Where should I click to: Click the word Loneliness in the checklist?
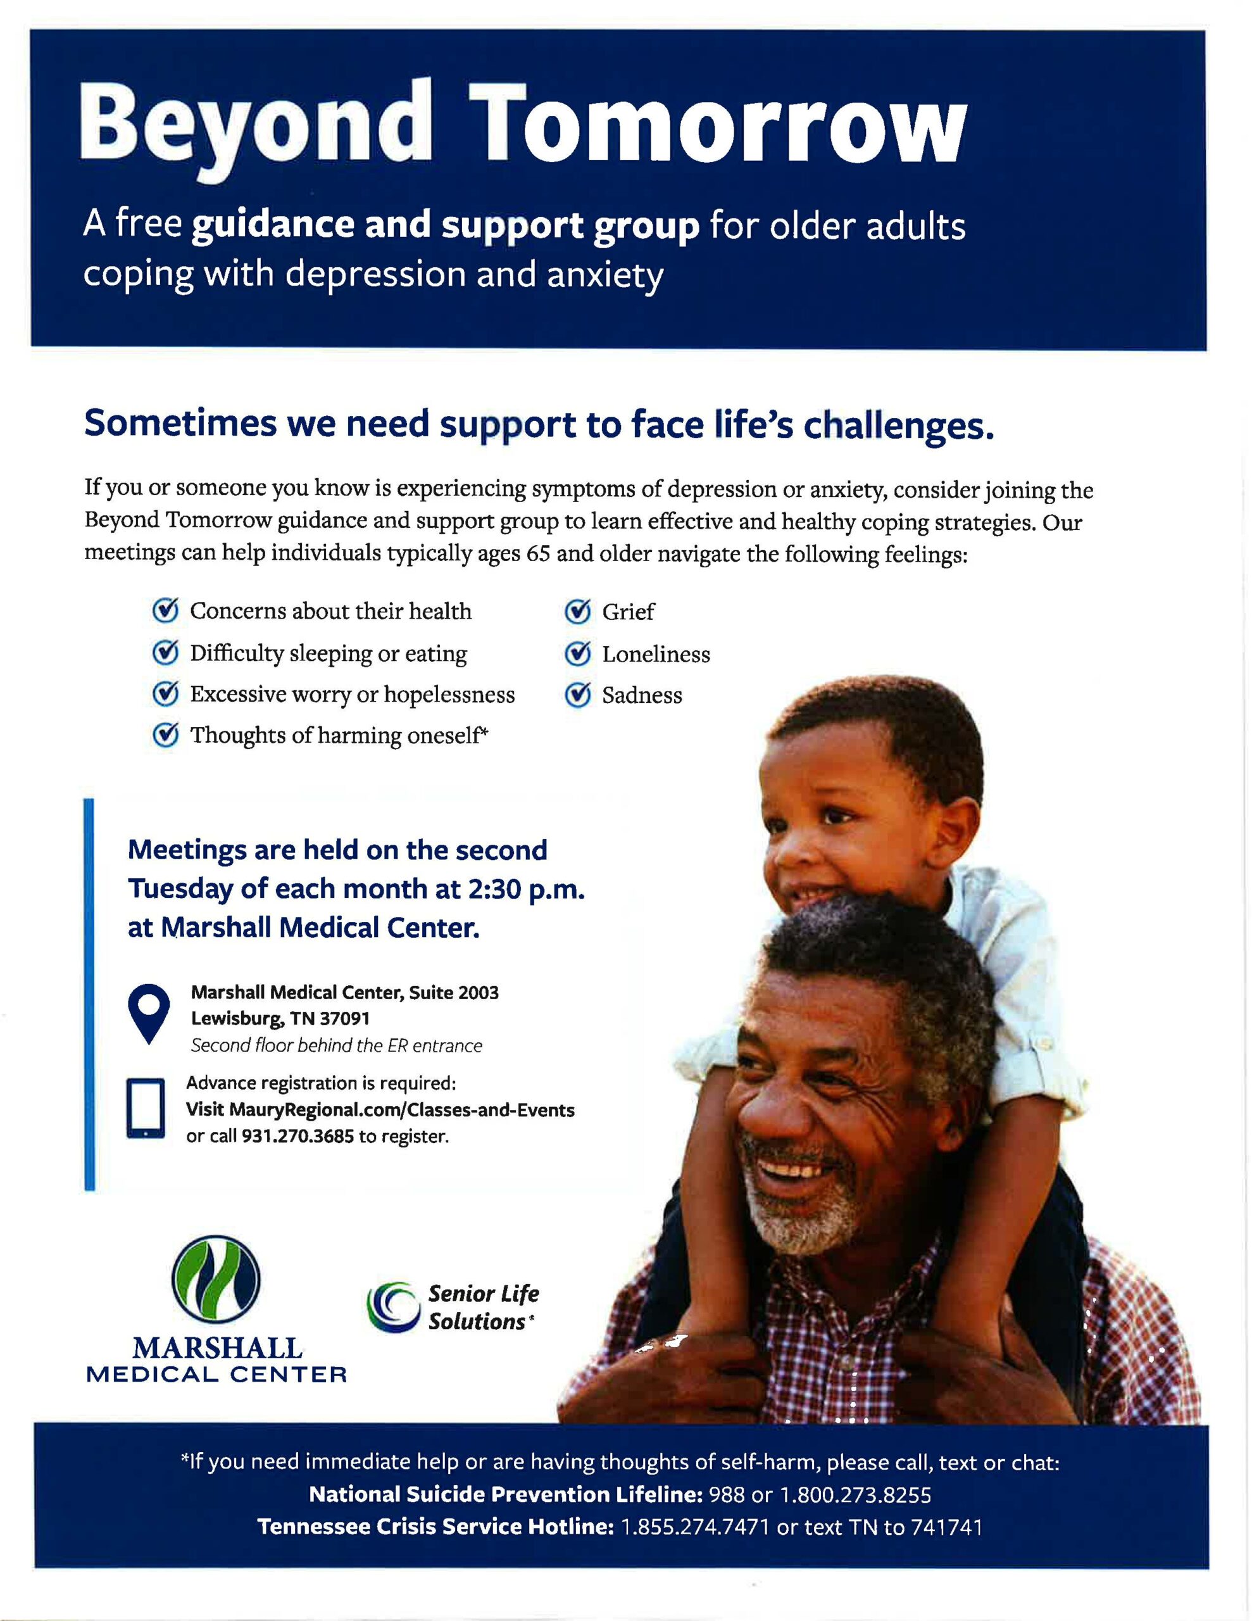coord(656,654)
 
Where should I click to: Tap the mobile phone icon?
coord(146,1108)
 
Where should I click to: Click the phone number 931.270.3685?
coord(297,1137)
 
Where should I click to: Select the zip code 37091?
coord(344,1018)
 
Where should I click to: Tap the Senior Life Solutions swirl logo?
coord(392,1307)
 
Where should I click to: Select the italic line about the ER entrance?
coord(336,1046)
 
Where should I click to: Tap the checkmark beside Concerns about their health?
coord(165,610)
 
